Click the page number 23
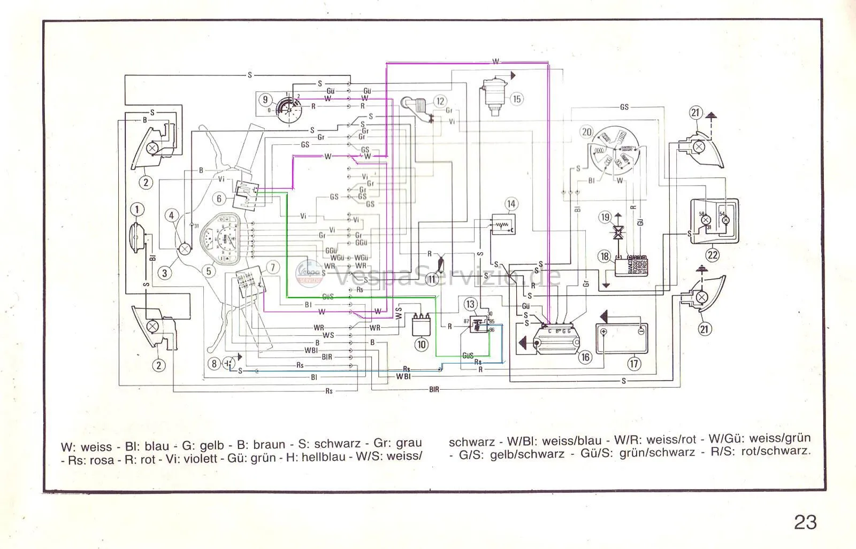point(805,522)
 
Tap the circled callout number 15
point(516,99)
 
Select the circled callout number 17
point(634,364)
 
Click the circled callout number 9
point(265,99)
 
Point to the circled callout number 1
point(137,209)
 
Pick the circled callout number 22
point(712,255)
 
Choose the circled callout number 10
point(421,345)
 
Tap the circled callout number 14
point(511,204)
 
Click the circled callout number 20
point(587,132)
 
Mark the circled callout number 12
point(440,101)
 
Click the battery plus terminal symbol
point(604,332)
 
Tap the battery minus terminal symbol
point(639,332)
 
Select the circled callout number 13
point(470,304)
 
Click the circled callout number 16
point(585,357)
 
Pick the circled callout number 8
point(215,364)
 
